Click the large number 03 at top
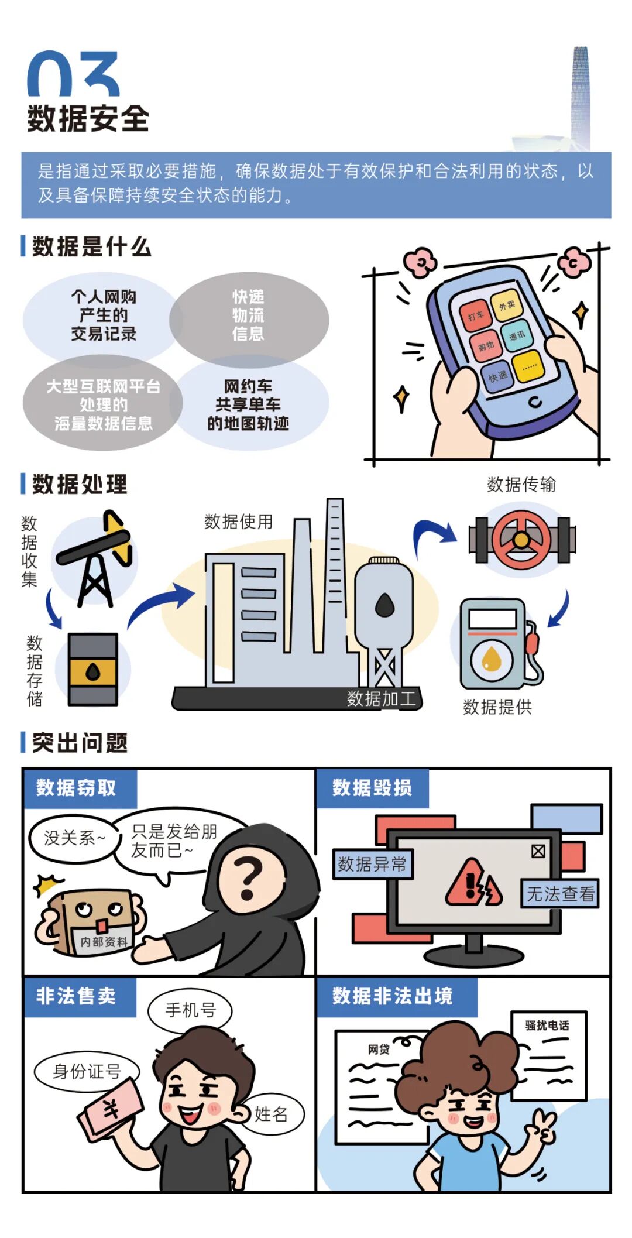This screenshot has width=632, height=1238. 74,74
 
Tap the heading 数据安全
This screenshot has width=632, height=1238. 88,119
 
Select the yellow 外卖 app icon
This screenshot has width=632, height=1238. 506,305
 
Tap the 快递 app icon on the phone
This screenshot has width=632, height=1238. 497,376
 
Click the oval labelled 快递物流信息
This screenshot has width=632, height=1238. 249,315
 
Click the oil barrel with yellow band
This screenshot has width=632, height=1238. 92,669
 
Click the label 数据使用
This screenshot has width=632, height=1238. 238,522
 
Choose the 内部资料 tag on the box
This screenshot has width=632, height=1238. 104,941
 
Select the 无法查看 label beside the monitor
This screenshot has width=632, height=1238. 560,894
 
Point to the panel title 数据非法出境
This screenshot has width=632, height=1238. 392,996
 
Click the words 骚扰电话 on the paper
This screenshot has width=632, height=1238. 547,1025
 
